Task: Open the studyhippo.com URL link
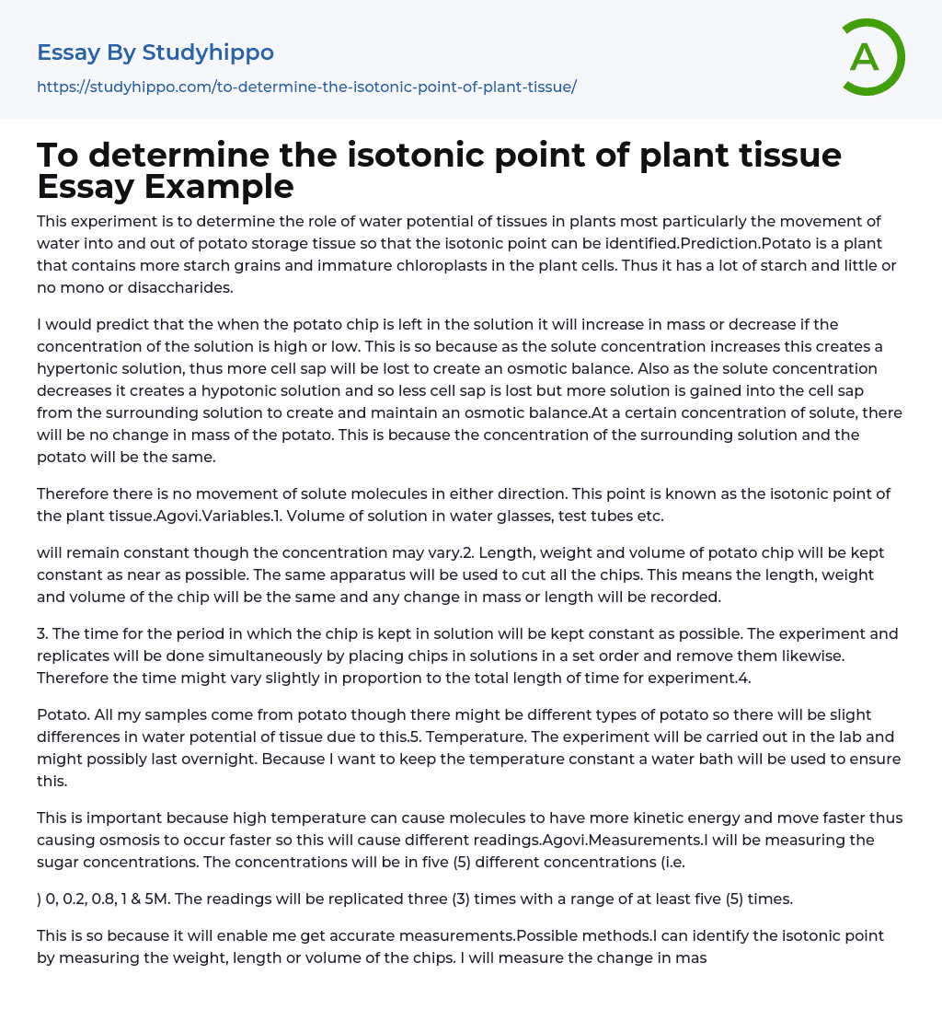(x=306, y=87)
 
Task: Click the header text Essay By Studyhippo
(x=155, y=52)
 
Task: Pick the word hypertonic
(x=78, y=368)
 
